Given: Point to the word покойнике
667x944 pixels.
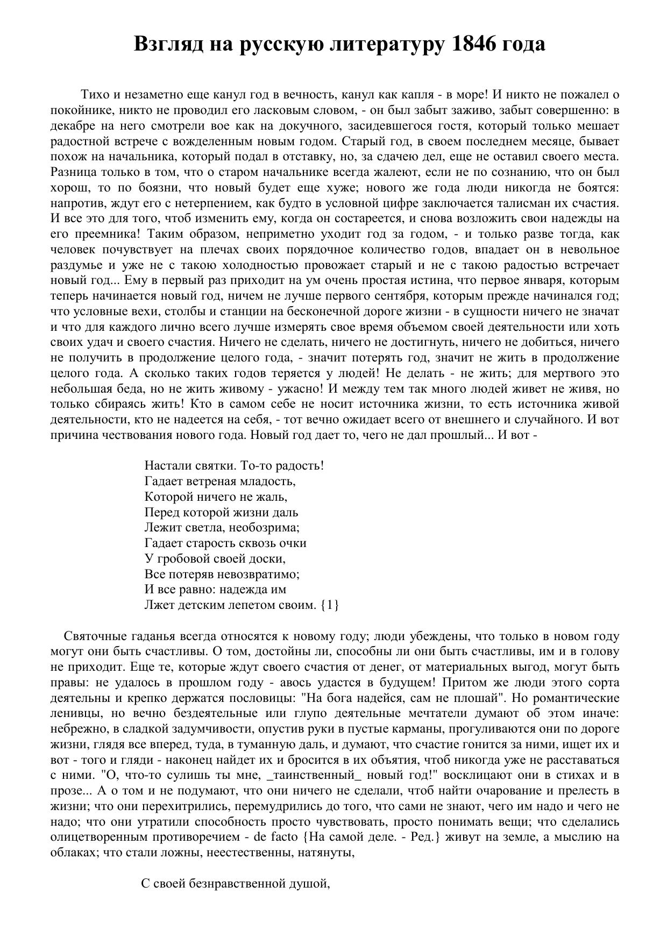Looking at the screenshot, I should tap(75, 111).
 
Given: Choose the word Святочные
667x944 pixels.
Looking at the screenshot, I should tap(95, 636).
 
